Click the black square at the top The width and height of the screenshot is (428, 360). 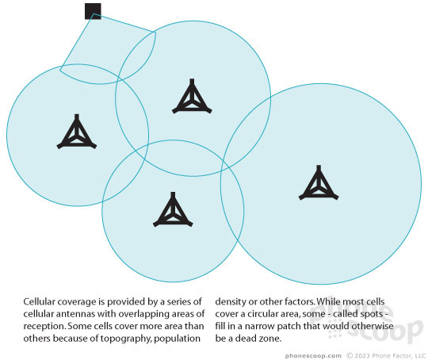93,11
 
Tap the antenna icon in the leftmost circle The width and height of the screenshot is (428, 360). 77,132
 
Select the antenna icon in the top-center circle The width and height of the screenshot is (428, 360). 192,97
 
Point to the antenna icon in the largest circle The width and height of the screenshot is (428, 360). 319,182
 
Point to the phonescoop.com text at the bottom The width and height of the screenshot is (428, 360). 313,356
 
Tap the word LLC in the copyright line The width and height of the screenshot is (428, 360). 420,355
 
